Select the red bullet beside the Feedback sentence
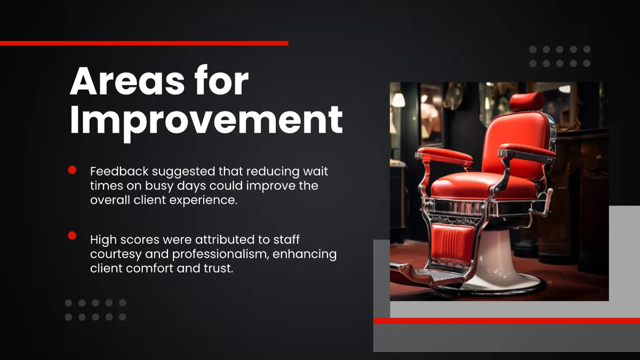pyautogui.click(x=72, y=170)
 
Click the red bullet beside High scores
pyautogui.click(x=72, y=236)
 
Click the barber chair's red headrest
pyautogui.click(x=527, y=101)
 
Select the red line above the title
pyautogui.click(x=144, y=43)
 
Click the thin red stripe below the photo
pyautogui.click(x=507, y=321)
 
